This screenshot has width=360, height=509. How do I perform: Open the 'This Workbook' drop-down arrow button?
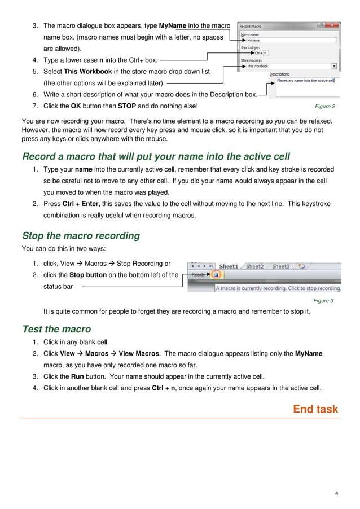[x=335, y=66]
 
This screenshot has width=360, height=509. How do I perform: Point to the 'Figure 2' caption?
[x=325, y=106]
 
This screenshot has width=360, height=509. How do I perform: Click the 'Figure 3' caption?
[x=323, y=301]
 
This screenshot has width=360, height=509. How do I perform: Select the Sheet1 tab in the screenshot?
[x=229, y=266]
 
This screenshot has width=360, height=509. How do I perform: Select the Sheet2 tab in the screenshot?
[x=255, y=266]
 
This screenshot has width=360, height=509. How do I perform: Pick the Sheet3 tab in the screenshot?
[x=280, y=266]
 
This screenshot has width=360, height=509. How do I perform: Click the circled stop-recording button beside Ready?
[x=217, y=275]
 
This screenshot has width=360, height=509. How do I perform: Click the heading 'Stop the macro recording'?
[x=81, y=235]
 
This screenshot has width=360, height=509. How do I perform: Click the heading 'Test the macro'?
[x=56, y=329]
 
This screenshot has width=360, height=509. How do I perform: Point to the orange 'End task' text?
[x=315, y=409]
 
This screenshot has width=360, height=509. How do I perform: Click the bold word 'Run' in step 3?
[x=77, y=376]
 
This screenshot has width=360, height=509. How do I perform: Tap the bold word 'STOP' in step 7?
[x=127, y=106]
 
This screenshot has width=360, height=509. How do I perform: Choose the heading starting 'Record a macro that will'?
[x=156, y=156]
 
